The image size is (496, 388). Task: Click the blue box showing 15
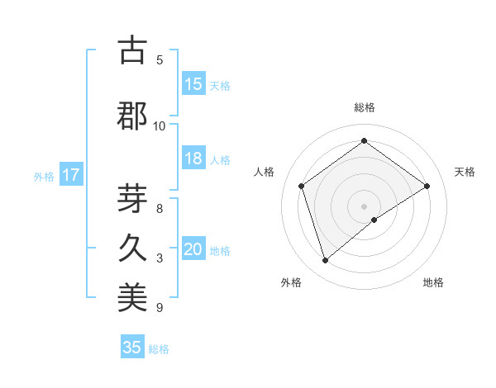coord(193,84)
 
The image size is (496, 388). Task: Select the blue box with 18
coord(193,159)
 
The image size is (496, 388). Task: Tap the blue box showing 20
coord(193,250)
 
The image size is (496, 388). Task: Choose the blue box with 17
coord(70,175)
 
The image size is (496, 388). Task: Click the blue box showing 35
coord(132,348)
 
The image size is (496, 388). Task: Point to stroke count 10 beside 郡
coord(159,125)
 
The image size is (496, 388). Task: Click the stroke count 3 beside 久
coord(160,258)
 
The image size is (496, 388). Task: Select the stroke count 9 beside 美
coord(160,308)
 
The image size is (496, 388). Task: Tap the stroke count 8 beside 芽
coord(160,209)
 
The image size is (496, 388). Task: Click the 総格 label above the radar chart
coord(365,107)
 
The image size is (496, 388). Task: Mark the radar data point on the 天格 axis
coord(427,186)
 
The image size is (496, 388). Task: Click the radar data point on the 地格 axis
coord(374,220)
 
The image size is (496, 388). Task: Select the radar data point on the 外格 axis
coord(326,260)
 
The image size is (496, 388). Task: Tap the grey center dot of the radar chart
coord(365,206)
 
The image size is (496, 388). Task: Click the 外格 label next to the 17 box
coord(44,176)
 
